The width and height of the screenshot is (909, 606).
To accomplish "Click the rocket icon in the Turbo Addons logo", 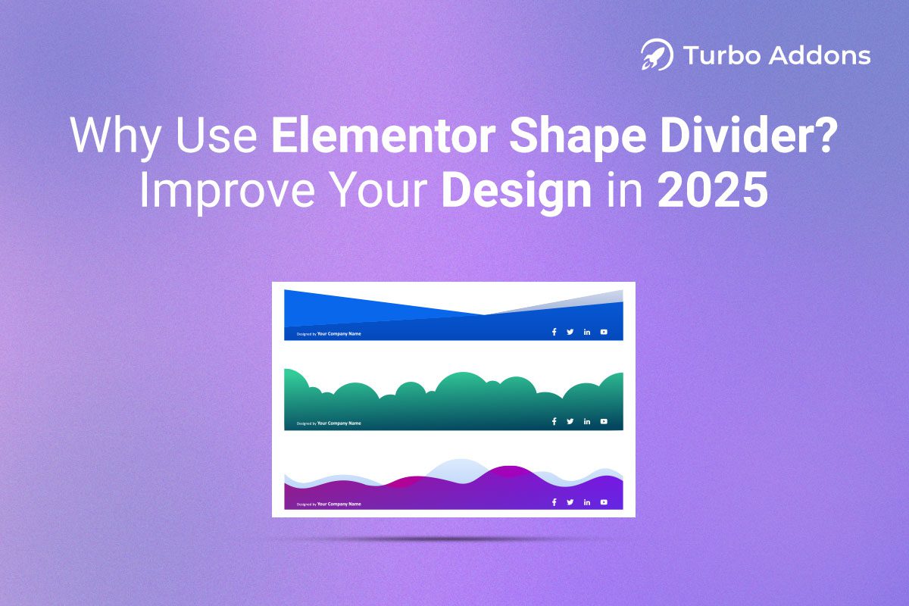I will coord(656,55).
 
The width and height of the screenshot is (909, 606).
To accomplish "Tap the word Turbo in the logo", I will coord(714,55).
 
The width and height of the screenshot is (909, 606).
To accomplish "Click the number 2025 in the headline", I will coord(712,190).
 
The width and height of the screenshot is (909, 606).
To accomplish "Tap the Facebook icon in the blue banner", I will coord(554,332).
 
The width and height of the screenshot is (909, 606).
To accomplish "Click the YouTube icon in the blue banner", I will coord(604,332).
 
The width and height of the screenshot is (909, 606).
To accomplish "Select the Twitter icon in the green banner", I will coord(570,422).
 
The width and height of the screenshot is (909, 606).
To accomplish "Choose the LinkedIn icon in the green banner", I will coord(587,422).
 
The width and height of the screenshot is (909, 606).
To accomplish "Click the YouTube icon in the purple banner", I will coord(604,502).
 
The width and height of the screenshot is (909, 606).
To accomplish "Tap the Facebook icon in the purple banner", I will coord(554,502).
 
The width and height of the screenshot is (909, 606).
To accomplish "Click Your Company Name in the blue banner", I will coord(339,333).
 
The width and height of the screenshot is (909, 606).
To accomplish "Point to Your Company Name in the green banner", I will coord(339,423).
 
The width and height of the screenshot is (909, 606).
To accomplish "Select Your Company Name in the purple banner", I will coord(339,504).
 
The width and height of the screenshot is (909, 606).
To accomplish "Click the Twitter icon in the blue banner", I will coord(570,332).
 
